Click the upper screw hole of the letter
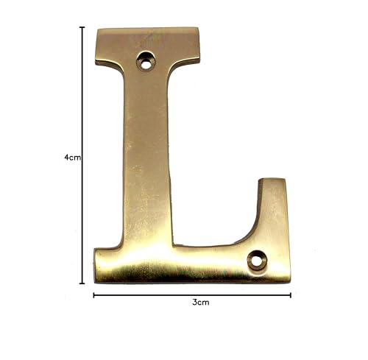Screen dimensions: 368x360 tap(146, 60)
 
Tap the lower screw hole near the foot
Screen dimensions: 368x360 tap(257, 261)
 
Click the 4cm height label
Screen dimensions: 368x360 tap(73, 158)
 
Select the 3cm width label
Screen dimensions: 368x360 tap(201, 302)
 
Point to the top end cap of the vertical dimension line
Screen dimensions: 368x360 tap(82, 27)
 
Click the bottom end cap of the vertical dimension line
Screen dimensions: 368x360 tap(82, 283)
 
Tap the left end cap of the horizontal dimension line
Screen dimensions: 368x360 tap(93, 295)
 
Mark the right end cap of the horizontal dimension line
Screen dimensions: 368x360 tap(291, 295)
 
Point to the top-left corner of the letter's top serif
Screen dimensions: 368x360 tap(98, 29)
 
